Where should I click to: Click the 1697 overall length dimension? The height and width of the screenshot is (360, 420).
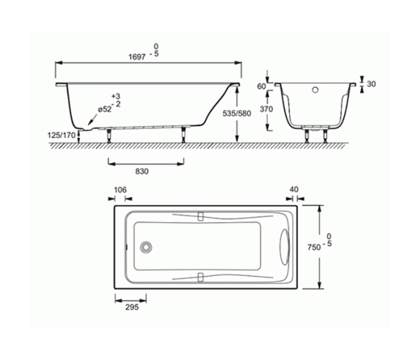(x=137, y=57)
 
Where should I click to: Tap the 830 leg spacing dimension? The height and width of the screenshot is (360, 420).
(x=141, y=172)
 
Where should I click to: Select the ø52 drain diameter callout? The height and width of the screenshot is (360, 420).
(x=104, y=109)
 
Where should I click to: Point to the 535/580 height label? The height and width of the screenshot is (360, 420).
(x=237, y=113)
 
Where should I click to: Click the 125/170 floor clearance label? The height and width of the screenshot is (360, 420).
(x=62, y=135)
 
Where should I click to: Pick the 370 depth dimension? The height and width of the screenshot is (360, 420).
(x=266, y=109)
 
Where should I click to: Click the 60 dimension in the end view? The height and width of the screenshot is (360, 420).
(x=261, y=86)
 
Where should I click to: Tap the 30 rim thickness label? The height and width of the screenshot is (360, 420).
(x=371, y=84)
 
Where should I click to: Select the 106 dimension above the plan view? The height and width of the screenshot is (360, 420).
(x=120, y=190)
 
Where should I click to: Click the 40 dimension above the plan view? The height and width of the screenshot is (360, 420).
(x=294, y=189)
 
